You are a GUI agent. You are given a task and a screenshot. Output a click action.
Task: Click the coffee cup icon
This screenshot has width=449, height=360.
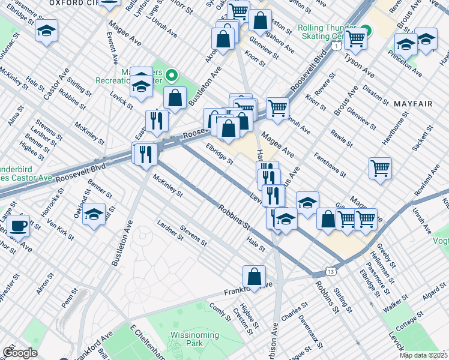[x=19, y=225]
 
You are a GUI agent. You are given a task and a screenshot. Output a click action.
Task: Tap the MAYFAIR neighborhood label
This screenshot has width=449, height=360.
[x=413, y=104]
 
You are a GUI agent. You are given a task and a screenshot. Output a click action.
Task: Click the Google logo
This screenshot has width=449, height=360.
[x=20, y=353]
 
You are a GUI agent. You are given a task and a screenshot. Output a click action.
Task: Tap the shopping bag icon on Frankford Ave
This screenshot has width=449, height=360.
[x=255, y=277]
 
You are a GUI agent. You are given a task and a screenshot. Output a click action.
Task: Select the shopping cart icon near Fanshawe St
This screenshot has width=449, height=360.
[x=380, y=167]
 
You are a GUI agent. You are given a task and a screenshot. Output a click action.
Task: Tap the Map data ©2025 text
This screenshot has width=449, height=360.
[x=423, y=355]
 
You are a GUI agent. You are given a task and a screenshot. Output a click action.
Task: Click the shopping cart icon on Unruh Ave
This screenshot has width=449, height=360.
[x=277, y=107]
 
